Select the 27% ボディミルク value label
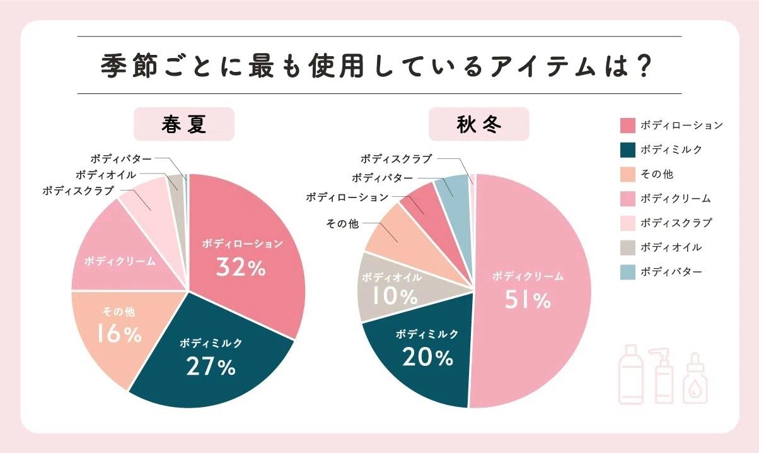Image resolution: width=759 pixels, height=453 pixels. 211,367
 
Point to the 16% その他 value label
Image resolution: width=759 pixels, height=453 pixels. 119,334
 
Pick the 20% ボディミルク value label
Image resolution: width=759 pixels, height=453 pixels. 427,358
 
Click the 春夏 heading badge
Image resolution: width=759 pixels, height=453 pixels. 184,124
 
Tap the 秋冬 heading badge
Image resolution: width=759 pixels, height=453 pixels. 479,124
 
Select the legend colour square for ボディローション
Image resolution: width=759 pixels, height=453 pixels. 627,125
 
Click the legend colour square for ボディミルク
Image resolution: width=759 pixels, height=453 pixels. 627,150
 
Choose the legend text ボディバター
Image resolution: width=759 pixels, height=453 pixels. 671,272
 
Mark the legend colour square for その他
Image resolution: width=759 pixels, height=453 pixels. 627,174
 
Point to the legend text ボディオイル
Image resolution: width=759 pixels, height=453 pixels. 671,247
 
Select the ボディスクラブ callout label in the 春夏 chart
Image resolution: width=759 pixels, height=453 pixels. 78,190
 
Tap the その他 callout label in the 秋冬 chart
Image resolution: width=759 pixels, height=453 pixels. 342,223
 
